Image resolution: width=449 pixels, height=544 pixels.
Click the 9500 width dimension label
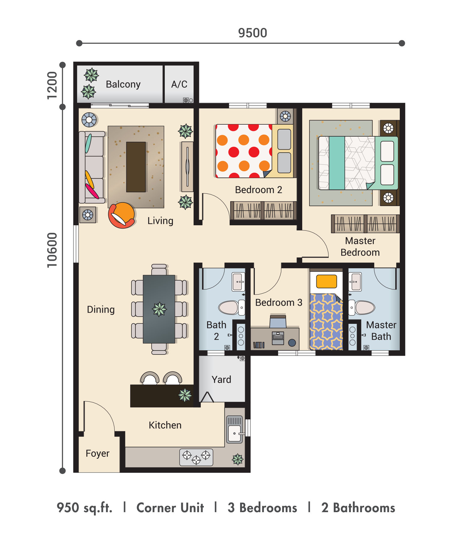252,33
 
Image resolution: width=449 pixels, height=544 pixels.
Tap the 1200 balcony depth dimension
52,85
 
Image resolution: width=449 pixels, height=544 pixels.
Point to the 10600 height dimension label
52,250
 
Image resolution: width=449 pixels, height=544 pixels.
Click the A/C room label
179,84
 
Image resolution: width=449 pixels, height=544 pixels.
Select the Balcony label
123,84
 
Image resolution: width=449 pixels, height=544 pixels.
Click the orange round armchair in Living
122,215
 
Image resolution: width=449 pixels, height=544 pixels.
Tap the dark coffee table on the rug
136,167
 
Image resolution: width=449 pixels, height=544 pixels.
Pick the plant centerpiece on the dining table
159,309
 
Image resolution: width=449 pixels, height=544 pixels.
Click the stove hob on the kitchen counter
196,457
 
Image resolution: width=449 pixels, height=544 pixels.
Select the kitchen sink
235,430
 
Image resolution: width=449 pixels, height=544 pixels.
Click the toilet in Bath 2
231,307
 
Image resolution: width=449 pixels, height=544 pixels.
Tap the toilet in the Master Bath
362,307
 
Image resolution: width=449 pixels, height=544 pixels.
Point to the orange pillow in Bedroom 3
327,281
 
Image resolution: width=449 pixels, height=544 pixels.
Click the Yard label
221,379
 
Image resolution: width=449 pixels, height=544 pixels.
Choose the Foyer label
98,453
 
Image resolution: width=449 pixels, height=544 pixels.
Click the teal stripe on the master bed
337,163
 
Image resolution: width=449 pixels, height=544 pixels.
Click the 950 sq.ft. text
85,508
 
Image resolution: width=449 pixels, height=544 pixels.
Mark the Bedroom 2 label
259,190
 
